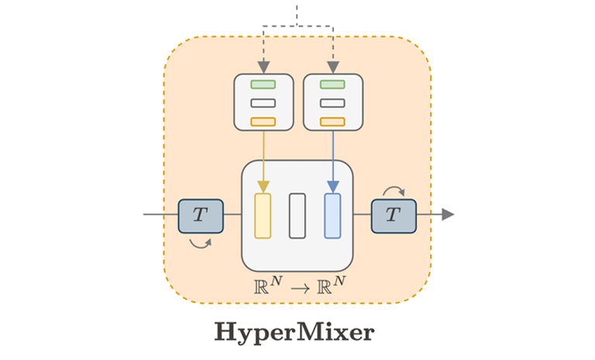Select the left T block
tap(201, 215)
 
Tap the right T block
tap(394, 215)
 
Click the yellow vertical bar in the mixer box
tap(263, 215)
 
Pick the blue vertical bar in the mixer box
tap(332, 215)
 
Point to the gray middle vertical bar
tap(297, 215)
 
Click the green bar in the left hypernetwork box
tap(263, 84)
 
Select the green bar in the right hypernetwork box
tap(332, 84)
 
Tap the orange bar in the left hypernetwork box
tap(263, 121)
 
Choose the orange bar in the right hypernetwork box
tap(332, 121)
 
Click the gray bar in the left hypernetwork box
tap(263, 103)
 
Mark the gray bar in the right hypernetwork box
tap(332, 103)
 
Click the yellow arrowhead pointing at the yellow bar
tap(263, 187)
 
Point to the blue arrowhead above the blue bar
tap(332, 187)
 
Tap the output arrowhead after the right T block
tap(448, 214)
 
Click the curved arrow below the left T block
tap(200, 243)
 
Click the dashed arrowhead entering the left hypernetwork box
tap(263, 67)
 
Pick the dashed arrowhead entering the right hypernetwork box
tap(332, 67)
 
